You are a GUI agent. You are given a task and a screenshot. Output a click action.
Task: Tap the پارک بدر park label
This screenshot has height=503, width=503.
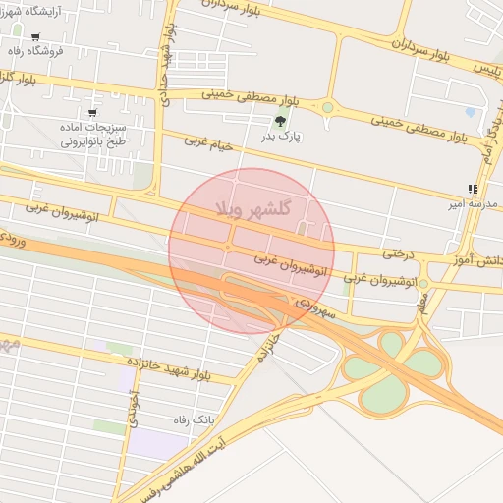(283, 138)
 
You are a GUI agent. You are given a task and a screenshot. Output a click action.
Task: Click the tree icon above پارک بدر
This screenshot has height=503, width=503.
(281, 123)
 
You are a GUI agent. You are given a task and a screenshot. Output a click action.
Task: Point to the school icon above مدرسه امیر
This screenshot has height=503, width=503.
(474, 190)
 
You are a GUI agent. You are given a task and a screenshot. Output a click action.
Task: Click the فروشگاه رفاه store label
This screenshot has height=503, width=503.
(35, 50)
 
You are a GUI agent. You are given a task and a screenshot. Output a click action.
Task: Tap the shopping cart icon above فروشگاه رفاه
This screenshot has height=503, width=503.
(35, 37)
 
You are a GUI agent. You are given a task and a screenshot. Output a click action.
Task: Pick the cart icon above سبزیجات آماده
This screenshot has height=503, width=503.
(92, 114)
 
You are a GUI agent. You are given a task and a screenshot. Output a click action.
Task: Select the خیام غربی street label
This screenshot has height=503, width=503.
(209, 142)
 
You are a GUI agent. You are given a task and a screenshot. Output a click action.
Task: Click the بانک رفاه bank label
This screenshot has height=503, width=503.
(191, 419)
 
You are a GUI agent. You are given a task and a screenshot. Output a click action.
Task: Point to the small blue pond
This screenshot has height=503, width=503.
(473, 114)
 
